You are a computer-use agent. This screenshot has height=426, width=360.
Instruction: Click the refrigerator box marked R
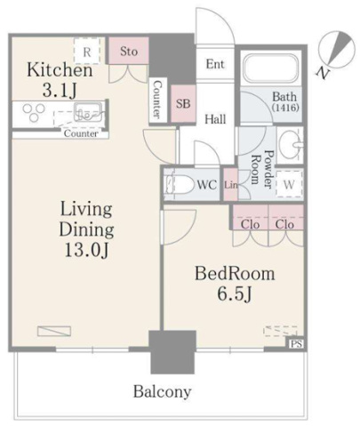click(x=86, y=51)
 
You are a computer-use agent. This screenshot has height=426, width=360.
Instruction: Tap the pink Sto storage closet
click(x=129, y=51)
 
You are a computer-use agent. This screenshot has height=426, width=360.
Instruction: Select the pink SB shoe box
click(x=183, y=103)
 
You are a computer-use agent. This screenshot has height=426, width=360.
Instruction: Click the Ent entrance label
click(x=215, y=64)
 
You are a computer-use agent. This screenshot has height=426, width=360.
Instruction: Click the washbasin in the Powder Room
click(x=290, y=145)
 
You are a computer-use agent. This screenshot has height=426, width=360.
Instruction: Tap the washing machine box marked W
click(x=289, y=184)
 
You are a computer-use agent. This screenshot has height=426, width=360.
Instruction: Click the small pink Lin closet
click(x=230, y=184)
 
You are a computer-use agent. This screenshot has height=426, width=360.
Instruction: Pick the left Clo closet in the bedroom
click(x=251, y=218)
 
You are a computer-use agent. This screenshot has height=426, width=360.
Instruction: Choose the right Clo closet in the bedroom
click(x=286, y=218)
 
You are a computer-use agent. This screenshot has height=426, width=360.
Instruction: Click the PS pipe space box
click(x=297, y=344)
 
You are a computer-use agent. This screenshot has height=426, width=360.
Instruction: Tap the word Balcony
click(x=162, y=392)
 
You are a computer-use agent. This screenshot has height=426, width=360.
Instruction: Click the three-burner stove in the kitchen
click(x=33, y=112)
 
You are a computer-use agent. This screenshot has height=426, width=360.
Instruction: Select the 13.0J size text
click(x=87, y=251)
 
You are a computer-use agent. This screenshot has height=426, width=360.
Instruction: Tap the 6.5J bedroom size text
click(x=235, y=294)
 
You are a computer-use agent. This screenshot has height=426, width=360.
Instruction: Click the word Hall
click(x=215, y=119)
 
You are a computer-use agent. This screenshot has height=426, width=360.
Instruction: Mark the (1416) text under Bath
click(x=285, y=108)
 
